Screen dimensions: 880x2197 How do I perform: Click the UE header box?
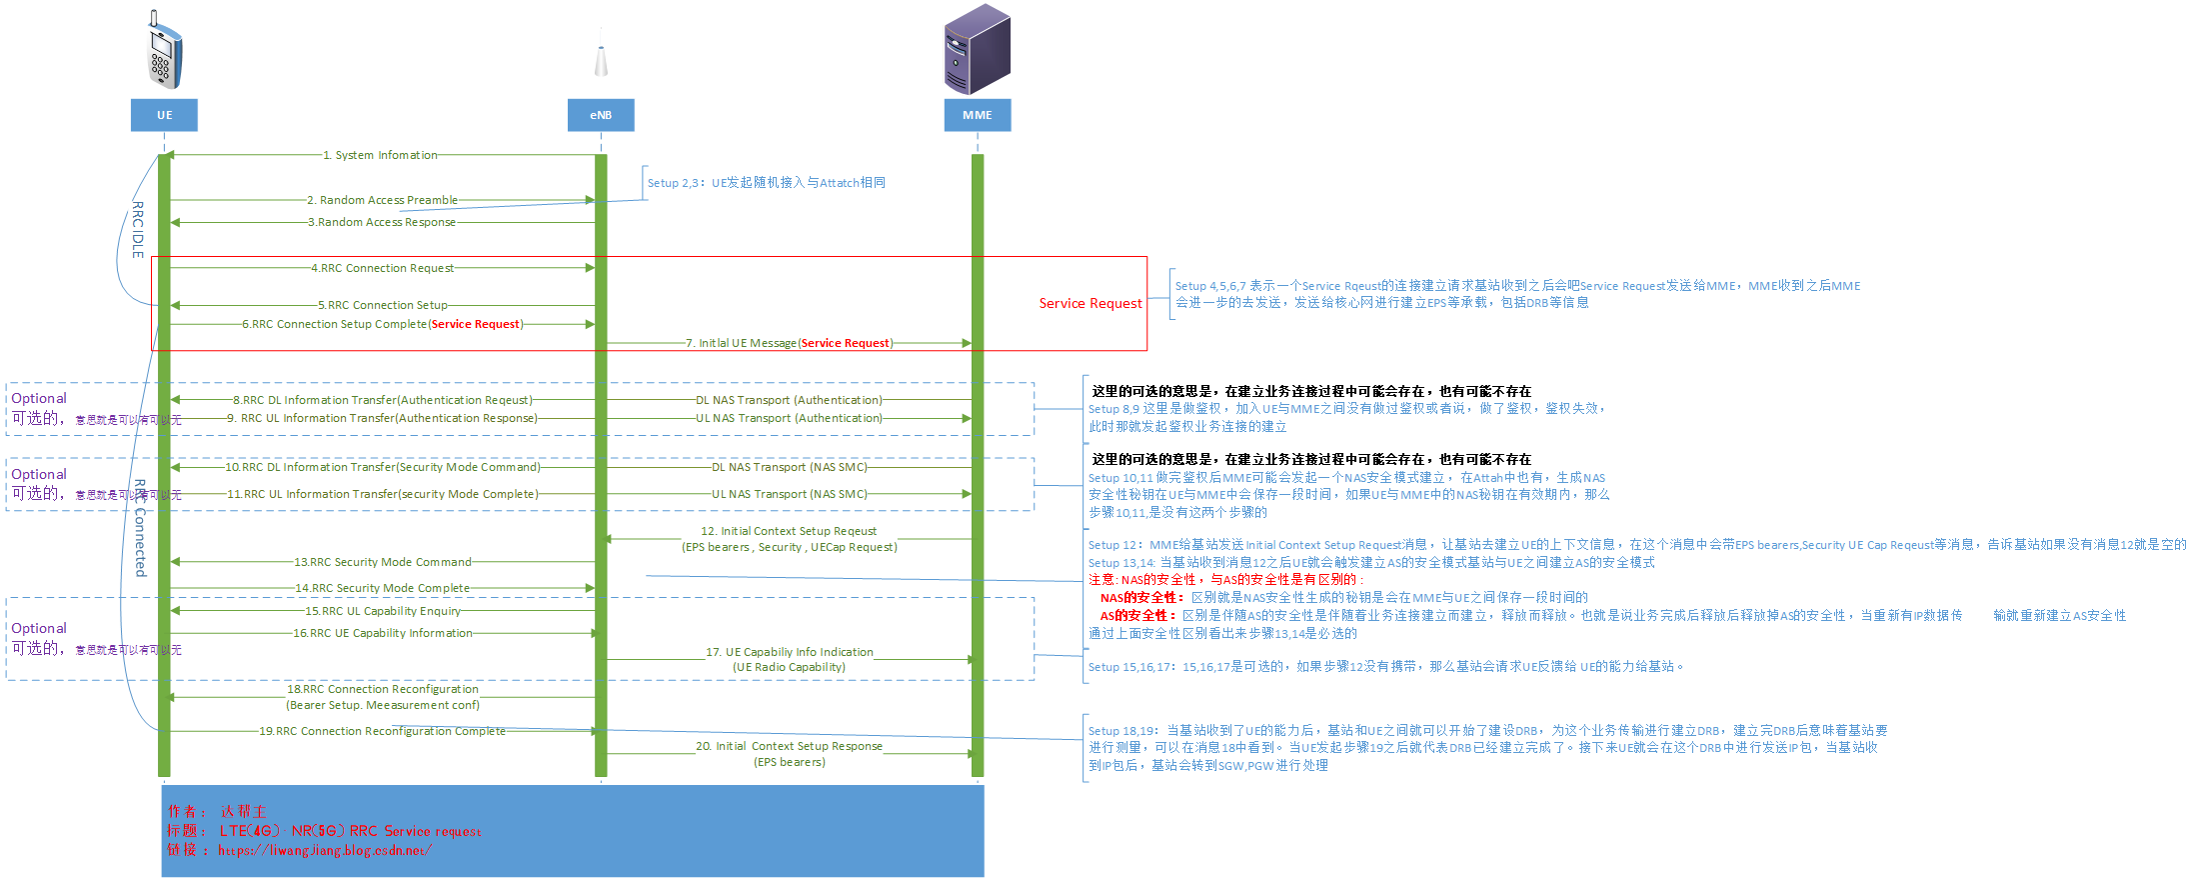164,115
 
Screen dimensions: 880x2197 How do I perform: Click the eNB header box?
601,115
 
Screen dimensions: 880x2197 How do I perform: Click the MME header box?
978,115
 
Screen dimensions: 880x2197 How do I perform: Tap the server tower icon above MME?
978,50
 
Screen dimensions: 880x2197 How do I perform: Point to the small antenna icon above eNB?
601,58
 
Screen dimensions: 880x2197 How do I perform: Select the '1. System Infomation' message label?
380,155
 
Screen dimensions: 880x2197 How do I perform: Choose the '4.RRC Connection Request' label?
382,268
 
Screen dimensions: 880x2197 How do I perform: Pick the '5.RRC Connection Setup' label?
383,305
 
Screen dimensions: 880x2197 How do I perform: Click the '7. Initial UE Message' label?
790,343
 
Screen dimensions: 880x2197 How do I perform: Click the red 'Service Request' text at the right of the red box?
1090,303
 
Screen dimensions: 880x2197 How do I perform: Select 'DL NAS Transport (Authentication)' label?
789,400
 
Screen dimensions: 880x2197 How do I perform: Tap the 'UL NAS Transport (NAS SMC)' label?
789,494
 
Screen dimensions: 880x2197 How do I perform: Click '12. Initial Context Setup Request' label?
789,531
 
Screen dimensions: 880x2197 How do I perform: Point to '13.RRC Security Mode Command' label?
383,562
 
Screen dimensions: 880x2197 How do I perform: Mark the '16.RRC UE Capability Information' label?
383,633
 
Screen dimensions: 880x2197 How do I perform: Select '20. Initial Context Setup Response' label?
789,746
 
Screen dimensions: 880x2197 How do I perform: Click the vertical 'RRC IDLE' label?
138,230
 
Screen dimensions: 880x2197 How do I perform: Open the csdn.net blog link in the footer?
325,851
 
